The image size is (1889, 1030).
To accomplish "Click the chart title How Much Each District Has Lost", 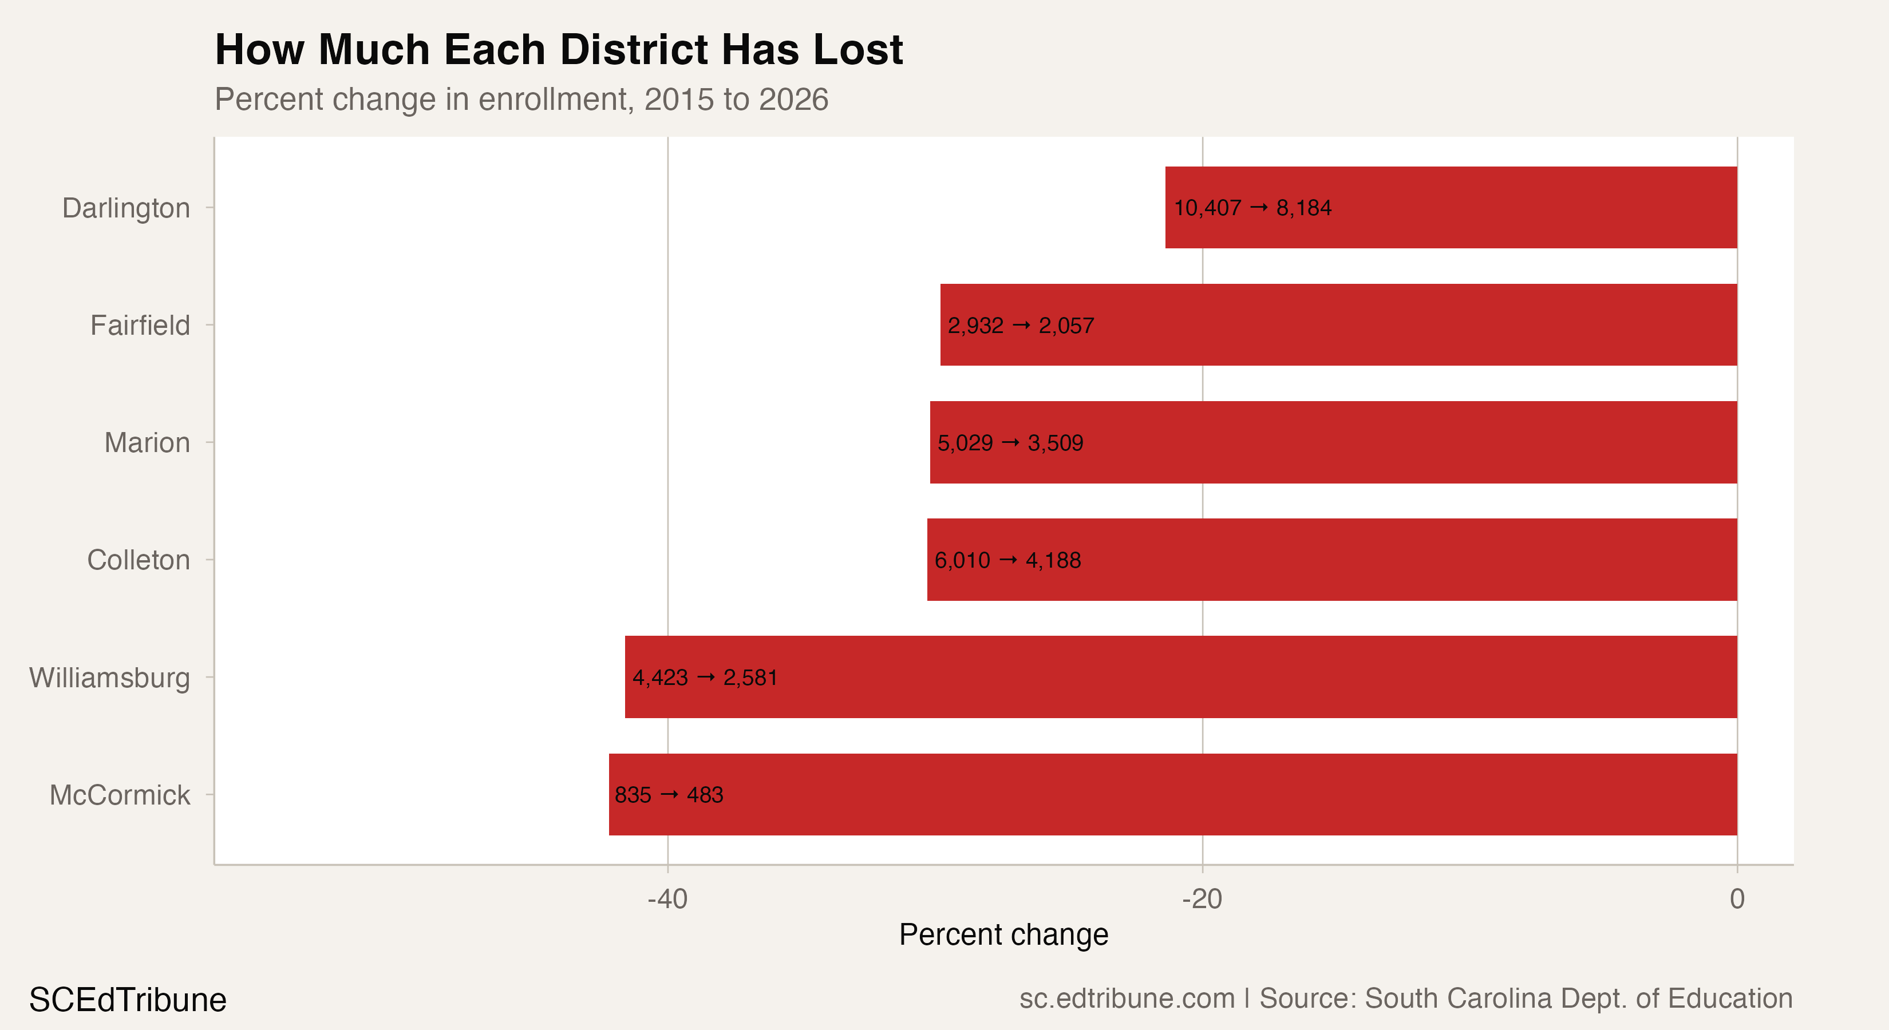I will pos(558,50).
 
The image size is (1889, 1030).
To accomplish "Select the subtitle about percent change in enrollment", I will pos(521,100).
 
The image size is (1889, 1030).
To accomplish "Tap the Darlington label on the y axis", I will pos(125,208).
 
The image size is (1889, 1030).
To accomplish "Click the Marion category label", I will pos(147,443).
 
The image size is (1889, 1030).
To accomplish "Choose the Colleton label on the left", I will pos(138,560).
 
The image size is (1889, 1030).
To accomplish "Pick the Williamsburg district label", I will pos(109,678).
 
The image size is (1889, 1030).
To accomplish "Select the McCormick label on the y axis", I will pos(120,795).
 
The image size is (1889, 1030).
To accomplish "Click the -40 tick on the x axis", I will pos(667,899).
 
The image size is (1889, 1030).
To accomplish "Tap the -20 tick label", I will pos(1202,899).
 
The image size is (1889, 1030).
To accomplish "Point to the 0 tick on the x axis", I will pos(1737,899).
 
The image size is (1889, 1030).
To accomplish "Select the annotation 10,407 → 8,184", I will pos(1252,208).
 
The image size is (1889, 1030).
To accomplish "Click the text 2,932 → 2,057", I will pos(1020,326).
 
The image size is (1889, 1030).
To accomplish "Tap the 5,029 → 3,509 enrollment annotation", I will pos(1010,443).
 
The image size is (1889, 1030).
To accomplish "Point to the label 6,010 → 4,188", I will pos(1007,561).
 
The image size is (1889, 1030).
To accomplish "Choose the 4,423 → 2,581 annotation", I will pos(704,678).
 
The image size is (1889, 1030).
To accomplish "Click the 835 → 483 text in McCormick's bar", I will pos(668,795).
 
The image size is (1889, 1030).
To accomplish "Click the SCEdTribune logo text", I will pos(128,1000).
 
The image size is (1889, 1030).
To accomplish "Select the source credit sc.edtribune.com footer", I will pos(1405,999).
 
